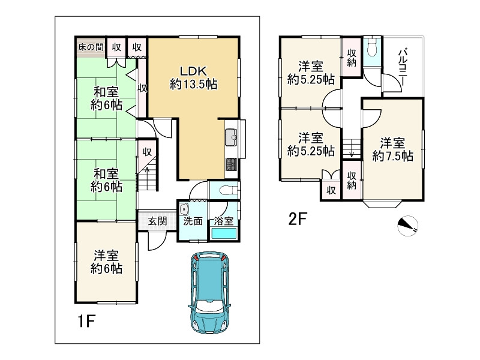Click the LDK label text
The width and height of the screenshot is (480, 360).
[x=193, y=71]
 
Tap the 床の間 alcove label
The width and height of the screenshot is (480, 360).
[x=91, y=47]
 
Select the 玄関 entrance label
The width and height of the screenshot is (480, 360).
[x=158, y=221]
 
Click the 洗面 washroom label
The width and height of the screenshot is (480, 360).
[x=193, y=221]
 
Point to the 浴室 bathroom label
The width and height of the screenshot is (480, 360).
[x=224, y=221]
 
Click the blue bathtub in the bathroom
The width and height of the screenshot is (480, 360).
[x=224, y=233]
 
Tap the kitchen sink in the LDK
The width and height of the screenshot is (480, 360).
[x=231, y=137]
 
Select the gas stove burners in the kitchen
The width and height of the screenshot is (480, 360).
[x=231, y=164]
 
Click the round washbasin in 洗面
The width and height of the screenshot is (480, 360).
[x=184, y=209]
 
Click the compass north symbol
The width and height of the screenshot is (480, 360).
[x=408, y=226]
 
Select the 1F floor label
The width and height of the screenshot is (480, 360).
[x=86, y=321]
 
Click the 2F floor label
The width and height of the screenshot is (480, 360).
[x=298, y=219]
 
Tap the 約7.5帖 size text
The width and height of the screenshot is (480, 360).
[x=393, y=156]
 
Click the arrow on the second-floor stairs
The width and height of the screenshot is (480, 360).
[x=352, y=152]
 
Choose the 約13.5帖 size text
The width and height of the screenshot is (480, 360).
[x=193, y=84]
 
